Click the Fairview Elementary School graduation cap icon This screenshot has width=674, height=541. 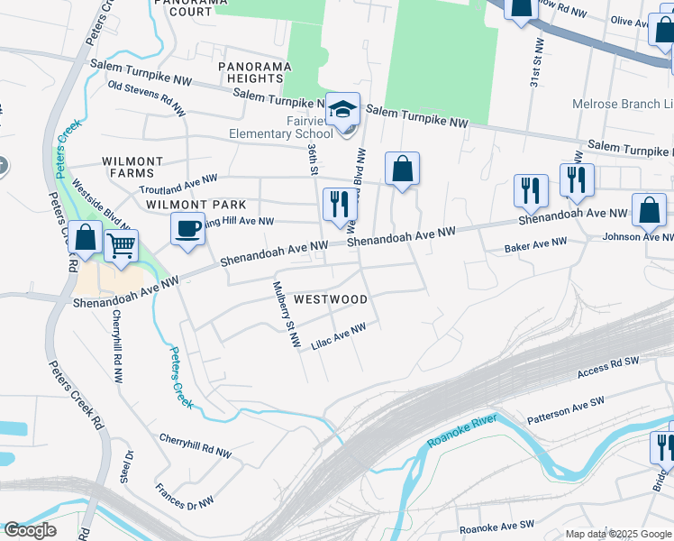point(342,111)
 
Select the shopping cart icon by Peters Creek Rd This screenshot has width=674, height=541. point(121,244)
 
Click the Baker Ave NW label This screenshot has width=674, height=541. point(535,243)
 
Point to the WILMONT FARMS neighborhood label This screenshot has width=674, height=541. point(132,168)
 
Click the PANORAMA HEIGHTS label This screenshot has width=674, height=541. point(252,73)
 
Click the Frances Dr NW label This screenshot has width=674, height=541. point(185,493)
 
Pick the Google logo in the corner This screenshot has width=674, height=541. point(29,530)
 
